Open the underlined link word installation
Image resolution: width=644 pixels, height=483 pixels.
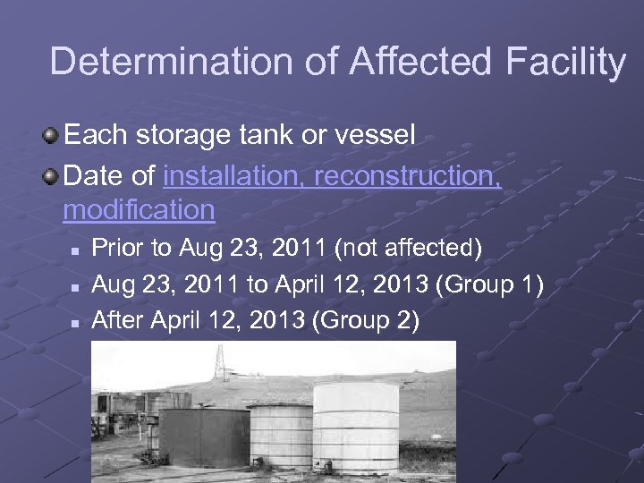[236, 175]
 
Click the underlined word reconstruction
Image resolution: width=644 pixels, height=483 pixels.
[409, 175]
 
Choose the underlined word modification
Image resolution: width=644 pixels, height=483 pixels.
[139, 209]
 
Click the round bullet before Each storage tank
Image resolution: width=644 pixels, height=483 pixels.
[50, 136]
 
